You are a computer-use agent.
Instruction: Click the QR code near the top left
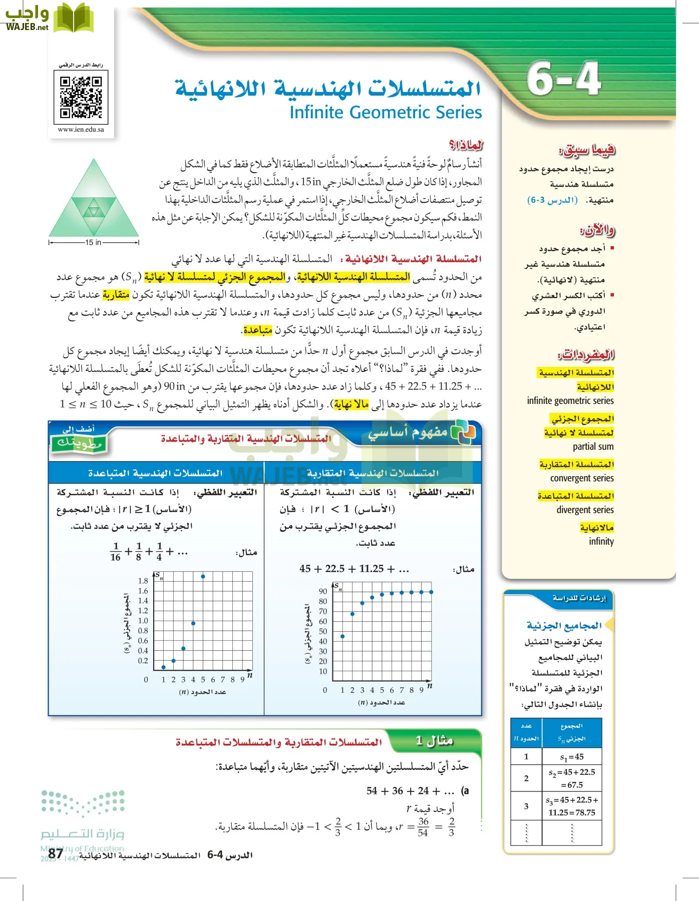tap(81, 97)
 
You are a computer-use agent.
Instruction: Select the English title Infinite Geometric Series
tap(386, 112)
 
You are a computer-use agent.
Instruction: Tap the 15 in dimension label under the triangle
tap(93, 242)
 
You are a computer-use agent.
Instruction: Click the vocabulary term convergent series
tap(581, 478)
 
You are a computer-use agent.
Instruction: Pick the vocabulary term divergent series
tap(584, 510)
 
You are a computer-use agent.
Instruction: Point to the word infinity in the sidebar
tap(601, 541)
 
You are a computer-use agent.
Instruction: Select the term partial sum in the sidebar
tap(593, 446)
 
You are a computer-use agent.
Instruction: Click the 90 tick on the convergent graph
tap(323, 591)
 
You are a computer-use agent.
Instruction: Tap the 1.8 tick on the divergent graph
tap(143, 581)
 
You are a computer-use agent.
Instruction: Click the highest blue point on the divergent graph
tap(203, 577)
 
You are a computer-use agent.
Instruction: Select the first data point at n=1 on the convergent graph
tap(342, 636)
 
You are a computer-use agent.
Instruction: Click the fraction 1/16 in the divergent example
tap(116, 552)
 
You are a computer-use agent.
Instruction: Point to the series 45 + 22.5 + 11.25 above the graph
tap(354, 569)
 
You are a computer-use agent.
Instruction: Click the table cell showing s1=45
tap(572, 757)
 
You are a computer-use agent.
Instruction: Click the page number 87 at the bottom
tap(56, 853)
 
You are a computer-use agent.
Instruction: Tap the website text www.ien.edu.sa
tap(81, 129)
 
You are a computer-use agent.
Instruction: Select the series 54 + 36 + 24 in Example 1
tap(410, 791)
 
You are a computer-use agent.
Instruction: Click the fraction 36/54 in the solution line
tap(423, 827)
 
